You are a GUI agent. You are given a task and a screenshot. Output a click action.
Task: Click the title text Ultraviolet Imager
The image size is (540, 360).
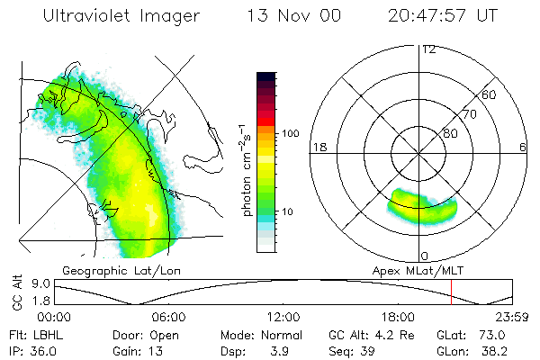coord(121,16)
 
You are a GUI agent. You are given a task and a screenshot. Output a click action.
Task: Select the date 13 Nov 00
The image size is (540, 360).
coord(294,15)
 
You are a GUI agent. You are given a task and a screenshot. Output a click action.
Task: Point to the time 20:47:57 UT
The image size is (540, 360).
coord(443,15)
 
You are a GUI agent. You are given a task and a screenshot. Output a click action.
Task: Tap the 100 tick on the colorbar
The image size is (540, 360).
coord(291,133)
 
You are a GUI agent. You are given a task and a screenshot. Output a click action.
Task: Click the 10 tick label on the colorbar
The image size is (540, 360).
coord(287,211)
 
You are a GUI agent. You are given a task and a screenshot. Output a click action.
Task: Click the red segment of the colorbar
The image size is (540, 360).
coord(266,121)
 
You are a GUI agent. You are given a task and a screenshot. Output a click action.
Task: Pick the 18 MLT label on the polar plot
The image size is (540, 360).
coord(319,148)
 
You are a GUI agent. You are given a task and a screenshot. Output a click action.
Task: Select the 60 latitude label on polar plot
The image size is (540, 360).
coord(489,94)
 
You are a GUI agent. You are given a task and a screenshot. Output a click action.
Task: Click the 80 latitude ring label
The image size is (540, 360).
coord(450,133)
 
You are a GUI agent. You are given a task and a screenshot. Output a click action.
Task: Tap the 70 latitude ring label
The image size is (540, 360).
coord(470,114)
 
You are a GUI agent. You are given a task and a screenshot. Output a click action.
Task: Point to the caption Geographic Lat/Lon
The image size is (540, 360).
coord(121,271)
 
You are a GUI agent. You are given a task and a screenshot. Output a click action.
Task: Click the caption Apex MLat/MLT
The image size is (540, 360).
coord(418,271)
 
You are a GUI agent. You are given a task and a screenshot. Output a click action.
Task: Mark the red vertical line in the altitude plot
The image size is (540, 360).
coord(451,292)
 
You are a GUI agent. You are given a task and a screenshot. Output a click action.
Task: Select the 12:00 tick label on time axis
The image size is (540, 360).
coord(283,317)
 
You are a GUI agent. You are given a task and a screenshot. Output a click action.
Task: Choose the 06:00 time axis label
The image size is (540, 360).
coord(169,317)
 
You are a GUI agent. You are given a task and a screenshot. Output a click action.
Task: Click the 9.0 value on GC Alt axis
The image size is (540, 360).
coord(40,283)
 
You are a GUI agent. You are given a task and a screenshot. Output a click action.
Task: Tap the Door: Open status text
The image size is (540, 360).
coord(146,336)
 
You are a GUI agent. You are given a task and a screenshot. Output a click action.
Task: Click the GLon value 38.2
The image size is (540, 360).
coord(494,351)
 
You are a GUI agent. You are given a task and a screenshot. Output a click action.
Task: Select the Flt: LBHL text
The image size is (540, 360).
coord(36,335)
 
